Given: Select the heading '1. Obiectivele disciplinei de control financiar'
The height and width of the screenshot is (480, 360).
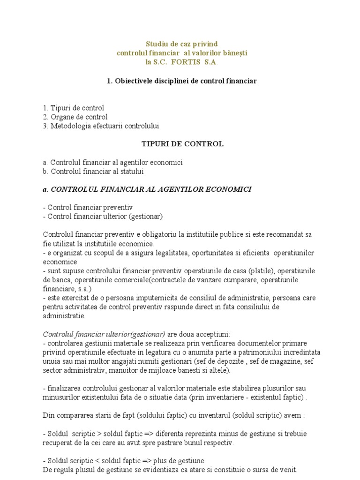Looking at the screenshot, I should [x=181, y=81].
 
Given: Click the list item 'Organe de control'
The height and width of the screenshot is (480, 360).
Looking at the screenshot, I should [x=79, y=117].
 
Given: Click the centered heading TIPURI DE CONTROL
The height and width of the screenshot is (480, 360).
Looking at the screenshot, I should [x=182, y=144].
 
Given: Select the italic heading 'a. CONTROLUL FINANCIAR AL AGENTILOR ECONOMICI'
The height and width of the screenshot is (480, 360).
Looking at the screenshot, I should [x=147, y=189].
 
